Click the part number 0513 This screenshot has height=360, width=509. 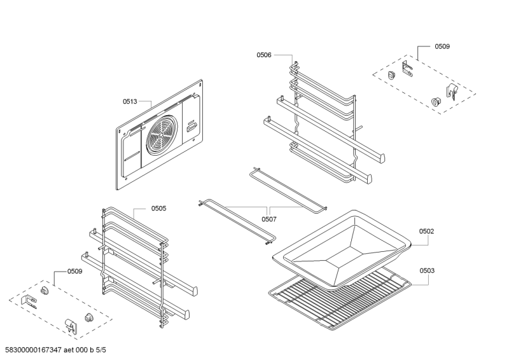click(x=130, y=100)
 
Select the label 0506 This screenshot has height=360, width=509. click(x=264, y=55)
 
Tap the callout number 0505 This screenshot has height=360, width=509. click(x=159, y=208)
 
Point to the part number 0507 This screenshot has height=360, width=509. click(x=269, y=219)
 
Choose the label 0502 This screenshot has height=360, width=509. click(x=426, y=231)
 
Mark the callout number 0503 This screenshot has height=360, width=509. click(x=427, y=271)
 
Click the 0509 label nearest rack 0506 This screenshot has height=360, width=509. click(x=442, y=46)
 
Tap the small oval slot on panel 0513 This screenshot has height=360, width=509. click(x=192, y=129)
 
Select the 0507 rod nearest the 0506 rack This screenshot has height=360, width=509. click(x=288, y=188)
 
